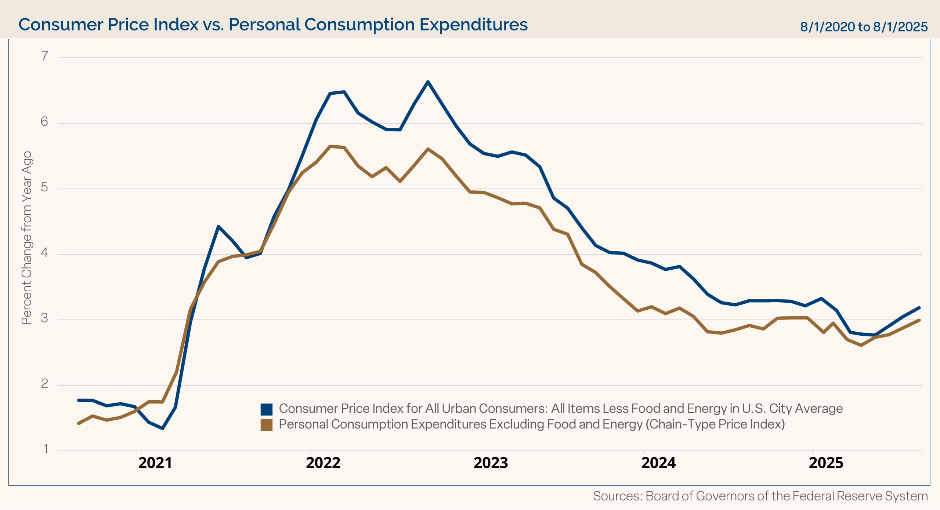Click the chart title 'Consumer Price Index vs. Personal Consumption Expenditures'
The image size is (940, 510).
click(x=273, y=25)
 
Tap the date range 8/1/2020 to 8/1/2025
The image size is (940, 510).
click(x=864, y=27)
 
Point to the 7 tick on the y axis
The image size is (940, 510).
click(x=45, y=56)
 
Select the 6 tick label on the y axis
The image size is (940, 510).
click(x=44, y=121)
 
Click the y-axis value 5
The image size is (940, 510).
click(x=44, y=187)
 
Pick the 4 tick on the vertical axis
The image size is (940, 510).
click(x=44, y=253)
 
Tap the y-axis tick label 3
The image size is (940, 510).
click(x=44, y=318)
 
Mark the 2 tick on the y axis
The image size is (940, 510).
click(x=44, y=384)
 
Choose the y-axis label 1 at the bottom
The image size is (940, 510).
click(x=46, y=449)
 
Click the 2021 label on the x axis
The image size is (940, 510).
click(x=155, y=463)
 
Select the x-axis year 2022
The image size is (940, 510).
click(x=323, y=463)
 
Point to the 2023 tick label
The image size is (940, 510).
click(x=491, y=463)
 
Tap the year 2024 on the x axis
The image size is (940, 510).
click(x=658, y=463)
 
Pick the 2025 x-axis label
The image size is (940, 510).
click(x=826, y=463)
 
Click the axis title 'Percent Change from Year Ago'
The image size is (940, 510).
click(x=27, y=238)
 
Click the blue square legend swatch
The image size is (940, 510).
click(x=267, y=409)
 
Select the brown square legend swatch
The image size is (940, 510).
click(x=267, y=425)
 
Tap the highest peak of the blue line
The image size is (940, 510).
click(x=428, y=82)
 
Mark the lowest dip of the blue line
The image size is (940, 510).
click(x=162, y=428)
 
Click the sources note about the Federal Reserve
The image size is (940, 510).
click(x=760, y=496)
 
